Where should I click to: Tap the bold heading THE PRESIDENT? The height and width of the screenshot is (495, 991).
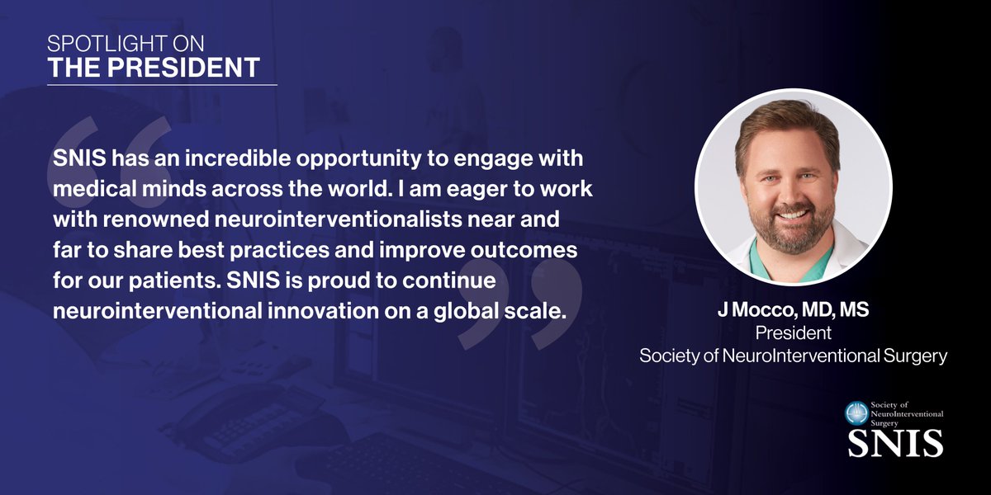[154, 68]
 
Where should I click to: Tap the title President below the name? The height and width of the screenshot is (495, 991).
[793, 334]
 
